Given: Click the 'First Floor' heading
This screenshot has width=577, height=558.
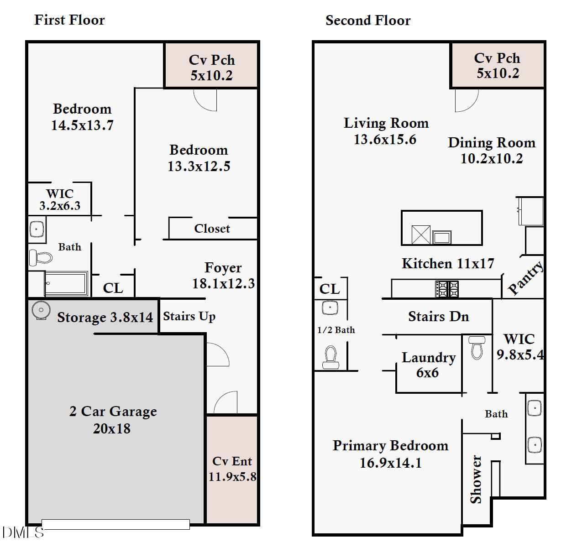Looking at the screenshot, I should [x=69, y=20].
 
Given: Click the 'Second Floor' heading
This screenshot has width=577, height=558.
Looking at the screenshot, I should [x=367, y=21].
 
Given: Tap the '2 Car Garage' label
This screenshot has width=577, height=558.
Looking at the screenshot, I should [x=113, y=412].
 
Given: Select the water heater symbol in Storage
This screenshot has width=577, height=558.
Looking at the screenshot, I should [x=41, y=311].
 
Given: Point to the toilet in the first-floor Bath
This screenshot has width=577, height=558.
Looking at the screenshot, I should [x=41, y=258].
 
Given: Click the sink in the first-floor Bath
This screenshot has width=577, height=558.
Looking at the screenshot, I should [x=37, y=229].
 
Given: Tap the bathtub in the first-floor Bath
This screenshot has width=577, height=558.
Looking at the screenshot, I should [x=67, y=284].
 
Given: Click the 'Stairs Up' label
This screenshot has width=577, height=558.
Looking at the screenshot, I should [x=189, y=316].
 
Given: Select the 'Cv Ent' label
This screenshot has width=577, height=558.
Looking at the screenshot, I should [x=232, y=461].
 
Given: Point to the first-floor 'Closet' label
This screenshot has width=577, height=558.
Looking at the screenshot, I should [x=212, y=229].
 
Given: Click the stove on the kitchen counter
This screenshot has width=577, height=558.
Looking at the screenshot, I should [x=447, y=289].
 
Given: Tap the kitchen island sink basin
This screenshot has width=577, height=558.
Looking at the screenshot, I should [x=441, y=237].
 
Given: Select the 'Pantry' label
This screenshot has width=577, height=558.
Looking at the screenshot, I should [x=525, y=278].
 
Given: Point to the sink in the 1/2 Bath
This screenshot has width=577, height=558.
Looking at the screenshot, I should [x=330, y=308].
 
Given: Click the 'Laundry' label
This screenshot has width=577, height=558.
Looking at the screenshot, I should [x=428, y=358].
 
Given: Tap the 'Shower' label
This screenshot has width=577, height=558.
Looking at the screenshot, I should [x=476, y=479].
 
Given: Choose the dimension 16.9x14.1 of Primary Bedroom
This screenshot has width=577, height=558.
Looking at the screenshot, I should [x=390, y=463].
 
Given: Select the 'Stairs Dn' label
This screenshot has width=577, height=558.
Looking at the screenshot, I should [x=438, y=317].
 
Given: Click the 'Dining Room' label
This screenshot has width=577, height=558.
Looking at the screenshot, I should [x=491, y=143].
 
